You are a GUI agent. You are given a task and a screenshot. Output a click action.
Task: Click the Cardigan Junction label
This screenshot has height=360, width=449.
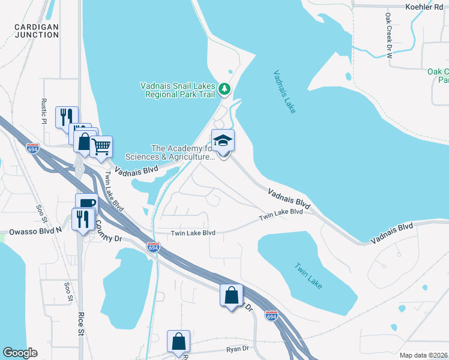37,31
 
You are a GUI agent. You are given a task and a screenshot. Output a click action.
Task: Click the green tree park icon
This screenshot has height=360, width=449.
224,89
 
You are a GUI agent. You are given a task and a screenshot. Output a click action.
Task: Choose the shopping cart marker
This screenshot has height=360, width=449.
101,146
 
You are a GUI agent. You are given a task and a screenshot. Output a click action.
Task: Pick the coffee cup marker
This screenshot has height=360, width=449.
86,203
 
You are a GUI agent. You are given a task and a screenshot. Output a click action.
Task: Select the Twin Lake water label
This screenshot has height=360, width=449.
308,275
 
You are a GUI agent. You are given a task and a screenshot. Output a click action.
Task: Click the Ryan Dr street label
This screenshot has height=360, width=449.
238,347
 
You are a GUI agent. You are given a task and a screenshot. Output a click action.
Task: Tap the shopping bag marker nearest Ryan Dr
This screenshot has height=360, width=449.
179,341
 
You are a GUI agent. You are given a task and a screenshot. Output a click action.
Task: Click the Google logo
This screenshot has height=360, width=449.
20,353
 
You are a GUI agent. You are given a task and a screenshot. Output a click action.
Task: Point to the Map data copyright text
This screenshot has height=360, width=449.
423,355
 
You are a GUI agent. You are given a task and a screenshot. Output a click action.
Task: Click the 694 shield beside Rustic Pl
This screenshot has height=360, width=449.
34,148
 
